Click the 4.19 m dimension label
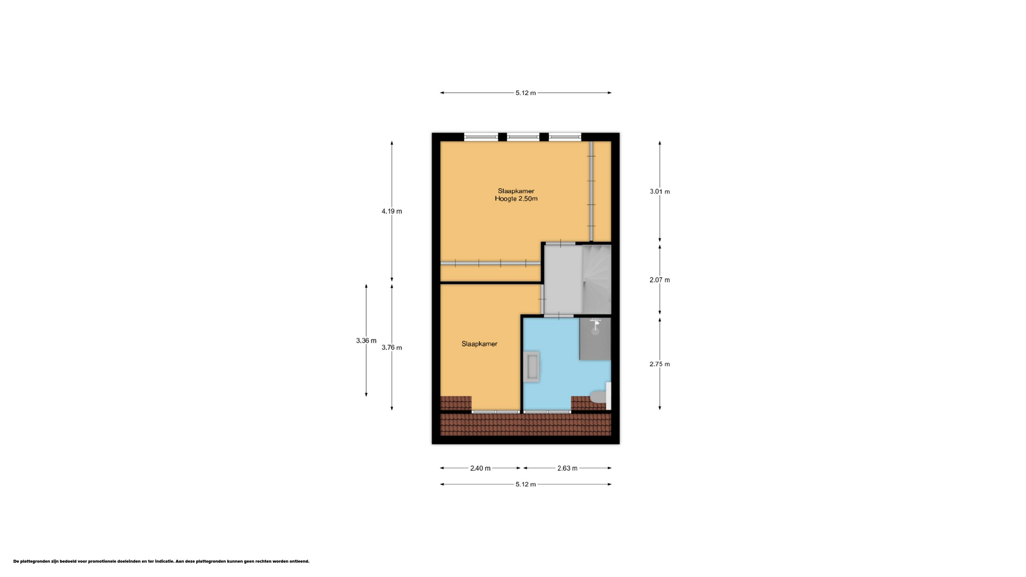click(392, 211)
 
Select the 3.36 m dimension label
click(366, 340)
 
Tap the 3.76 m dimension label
click(392, 347)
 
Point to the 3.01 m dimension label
click(659, 191)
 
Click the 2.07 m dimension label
click(659, 279)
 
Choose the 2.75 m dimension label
click(659, 364)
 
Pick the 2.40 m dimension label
click(480, 468)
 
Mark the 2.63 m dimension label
click(568, 468)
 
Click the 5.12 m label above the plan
click(526, 92)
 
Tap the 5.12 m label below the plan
click(526, 484)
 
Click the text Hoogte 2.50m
click(516, 199)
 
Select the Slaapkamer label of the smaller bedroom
click(479, 344)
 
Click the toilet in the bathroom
click(600, 396)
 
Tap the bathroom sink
click(532, 366)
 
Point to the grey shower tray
click(595, 339)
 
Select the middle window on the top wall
click(523, 137)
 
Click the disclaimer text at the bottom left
click(161, 561)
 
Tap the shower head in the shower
click(595, 323)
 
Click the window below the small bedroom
click(495, 412)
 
